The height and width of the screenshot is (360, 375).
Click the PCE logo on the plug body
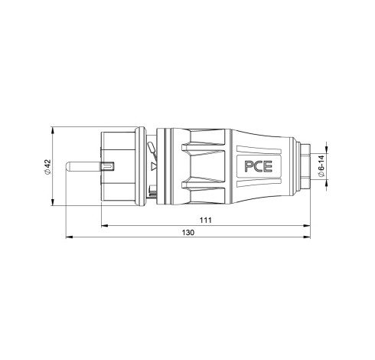point(259,166)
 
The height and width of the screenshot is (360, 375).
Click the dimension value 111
point(206,220)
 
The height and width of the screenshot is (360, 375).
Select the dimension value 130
point(188,233)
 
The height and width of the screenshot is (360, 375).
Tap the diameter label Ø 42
point(47,167)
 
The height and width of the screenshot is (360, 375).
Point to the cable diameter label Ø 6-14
point(321,166)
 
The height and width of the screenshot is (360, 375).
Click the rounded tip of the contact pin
point(67,167)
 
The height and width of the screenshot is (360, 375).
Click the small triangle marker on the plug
point(154,166)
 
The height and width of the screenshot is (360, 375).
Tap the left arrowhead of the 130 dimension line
point(70,237)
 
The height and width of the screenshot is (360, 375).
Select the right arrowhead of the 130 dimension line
point(307,237)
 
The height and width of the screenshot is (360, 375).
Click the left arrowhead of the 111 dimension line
point(105,226)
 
